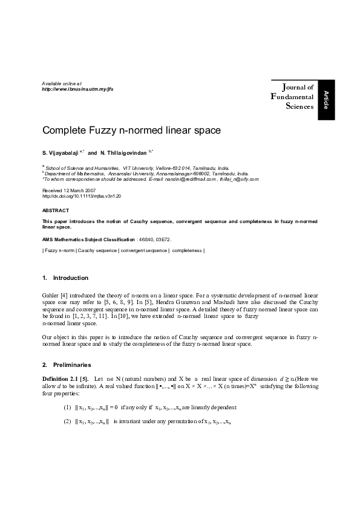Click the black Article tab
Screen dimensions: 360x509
326,99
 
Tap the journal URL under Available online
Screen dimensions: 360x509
77,89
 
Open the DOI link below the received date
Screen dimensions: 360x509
82,196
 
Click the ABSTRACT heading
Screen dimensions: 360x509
56,211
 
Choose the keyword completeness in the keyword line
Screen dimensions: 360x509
187,250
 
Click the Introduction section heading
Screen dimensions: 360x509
70,278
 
